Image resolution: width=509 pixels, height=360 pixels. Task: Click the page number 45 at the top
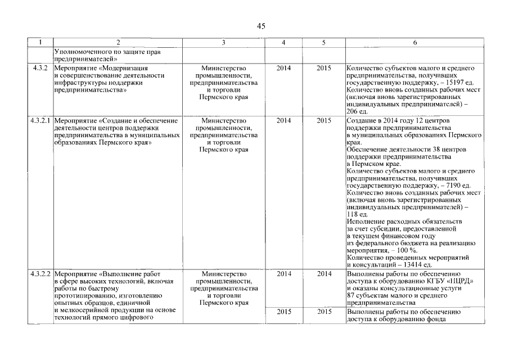click(261, 26)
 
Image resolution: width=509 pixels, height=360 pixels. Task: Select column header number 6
click(415, 43)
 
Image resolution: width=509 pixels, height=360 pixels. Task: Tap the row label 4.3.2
click(40, 68)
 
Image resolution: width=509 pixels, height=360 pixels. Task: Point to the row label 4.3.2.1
click(40, 120)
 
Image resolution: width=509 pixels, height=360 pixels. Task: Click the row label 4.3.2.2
click(40, 274)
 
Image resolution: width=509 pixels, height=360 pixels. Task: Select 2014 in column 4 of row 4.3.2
click(284, 68)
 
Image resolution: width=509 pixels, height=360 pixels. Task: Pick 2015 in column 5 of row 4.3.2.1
click(324, 120)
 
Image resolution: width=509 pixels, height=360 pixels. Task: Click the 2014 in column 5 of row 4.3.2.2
click(324, 274)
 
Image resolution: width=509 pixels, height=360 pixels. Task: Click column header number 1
click(40, 43)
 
